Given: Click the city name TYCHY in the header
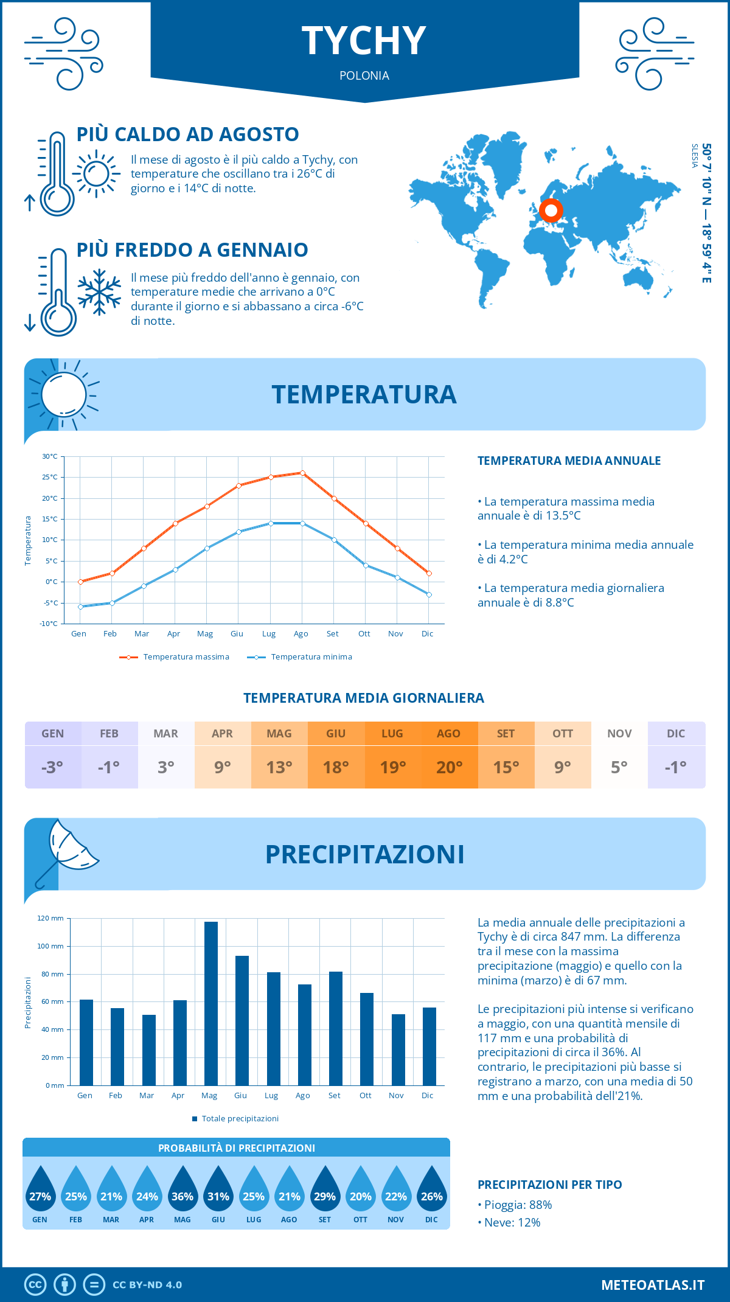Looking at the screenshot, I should [x=364, y=41].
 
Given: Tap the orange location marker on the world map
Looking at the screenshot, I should [x=551, y=211].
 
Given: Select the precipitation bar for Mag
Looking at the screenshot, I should [x=211, y=1003].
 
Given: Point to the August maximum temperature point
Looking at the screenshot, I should [x=302, y=473].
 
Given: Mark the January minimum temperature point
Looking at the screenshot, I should [x=80, y=607].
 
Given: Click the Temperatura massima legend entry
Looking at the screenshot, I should [x=175, y=657].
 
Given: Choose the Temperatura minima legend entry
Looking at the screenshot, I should [x=300, y=657].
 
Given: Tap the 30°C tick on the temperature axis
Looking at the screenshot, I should [x=50, y=456].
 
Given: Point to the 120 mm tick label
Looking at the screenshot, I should [x=50, y=918].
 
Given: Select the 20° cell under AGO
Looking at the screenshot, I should [x=449, y=767].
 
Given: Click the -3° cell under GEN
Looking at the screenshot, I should [x=52, y=767].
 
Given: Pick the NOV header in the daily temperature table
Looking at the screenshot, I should [x=619, y=734].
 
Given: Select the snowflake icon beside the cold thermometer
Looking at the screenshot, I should [x=99, y=292].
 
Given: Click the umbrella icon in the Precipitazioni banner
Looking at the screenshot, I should [x=67, y=851].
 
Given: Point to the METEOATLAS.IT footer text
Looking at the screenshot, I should [x=653, y=1285].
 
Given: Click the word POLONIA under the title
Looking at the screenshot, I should [x=364, y=75].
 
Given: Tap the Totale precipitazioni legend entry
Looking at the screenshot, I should [x=235, y=1119].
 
